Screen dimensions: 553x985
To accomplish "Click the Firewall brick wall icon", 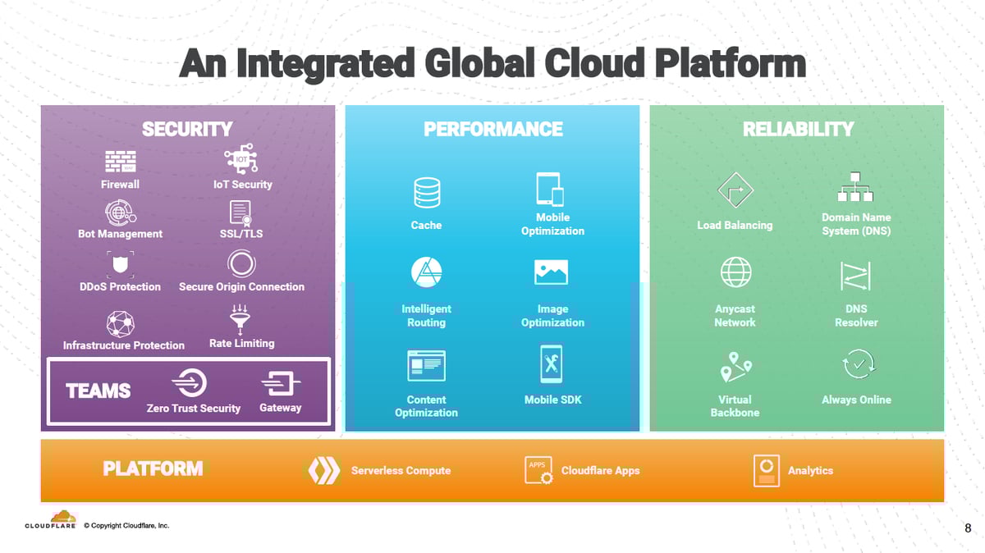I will tap(121, 162).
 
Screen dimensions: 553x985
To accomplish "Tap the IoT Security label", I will tap(242, 185).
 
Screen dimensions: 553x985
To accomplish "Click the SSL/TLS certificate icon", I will tap(241, 213).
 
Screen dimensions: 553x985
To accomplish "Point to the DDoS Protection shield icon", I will tap(121, 265).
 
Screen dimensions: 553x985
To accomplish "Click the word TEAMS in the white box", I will tap(98, 391).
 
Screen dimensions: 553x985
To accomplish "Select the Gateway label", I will tap(280, 408).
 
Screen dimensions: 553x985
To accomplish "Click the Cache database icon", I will tap(427, 194).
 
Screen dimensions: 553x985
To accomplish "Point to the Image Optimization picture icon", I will tap(551, 272).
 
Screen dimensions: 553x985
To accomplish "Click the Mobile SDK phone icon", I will tap(552, 364).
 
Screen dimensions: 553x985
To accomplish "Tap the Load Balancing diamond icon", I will tap(735, 192).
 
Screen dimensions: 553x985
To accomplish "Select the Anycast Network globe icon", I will tap(735, 272).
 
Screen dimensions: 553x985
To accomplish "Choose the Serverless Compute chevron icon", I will tap(323, 470).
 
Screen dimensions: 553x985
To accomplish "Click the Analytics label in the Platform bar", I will tap(810, 470).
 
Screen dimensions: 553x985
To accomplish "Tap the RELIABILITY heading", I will tap(798, 129).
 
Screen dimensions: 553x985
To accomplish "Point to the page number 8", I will tap(968, 528).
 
